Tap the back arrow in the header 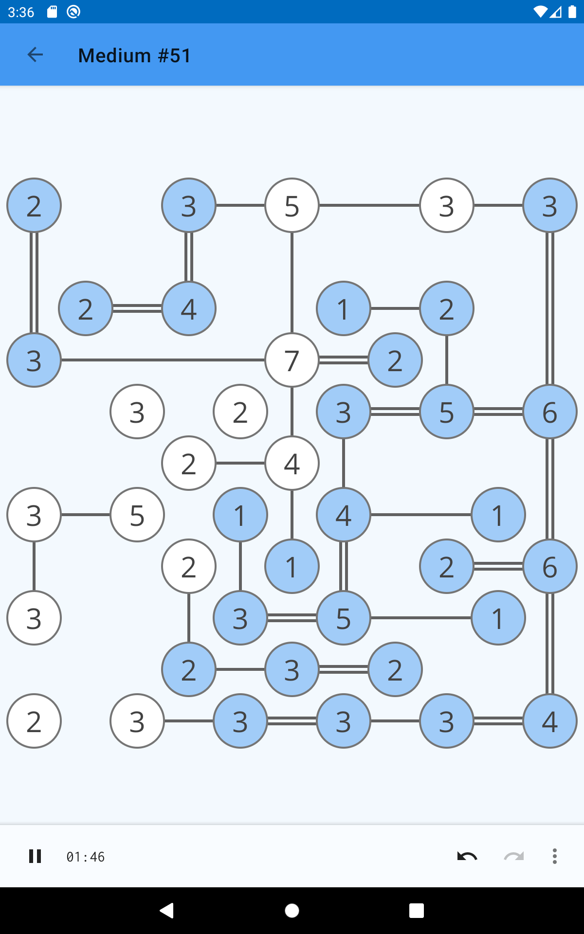(x=35, y=54)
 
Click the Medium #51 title (x=134, y=55)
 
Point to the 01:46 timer (x=86, y=857)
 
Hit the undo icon (x=467, y=856)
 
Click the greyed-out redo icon (x=514, y=856)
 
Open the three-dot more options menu (x=554, y=856)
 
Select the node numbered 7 (x=292, y=360)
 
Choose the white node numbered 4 (x=292, y=463)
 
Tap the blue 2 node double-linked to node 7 (x=395, y=360)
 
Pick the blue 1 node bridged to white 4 (x=292, y=566)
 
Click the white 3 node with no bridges (x=137, y=412)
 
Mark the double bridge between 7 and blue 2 (x=344, y=360)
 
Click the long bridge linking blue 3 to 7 (x=163, y=360)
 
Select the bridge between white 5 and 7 (x=292, y=283)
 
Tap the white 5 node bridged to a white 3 (x=137, y=515)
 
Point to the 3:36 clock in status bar (x=21, y=12)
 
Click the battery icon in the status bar (x=572, y=12)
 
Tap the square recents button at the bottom (x=417, y=911)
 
